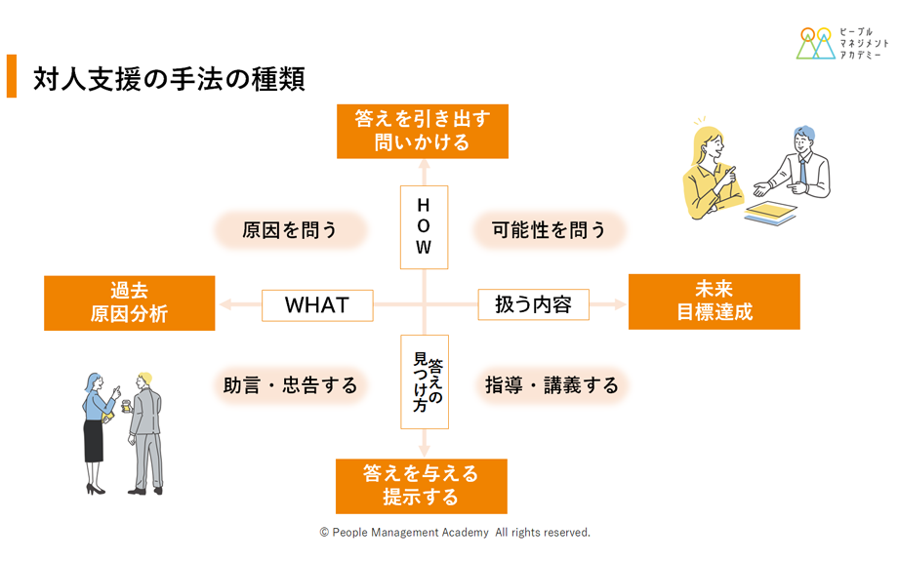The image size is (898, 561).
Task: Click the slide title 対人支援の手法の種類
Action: pos(169,78)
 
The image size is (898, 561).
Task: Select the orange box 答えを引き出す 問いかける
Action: pos(423,131)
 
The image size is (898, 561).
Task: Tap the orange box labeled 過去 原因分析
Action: pos(130,302)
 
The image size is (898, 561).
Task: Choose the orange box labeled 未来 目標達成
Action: pos(714,301)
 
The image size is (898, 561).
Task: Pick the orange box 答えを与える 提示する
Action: pos(422,486)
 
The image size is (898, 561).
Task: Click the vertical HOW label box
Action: pos(424,227)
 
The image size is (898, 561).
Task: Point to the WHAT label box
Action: pos(317,305)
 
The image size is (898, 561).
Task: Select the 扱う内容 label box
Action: pos(533,304)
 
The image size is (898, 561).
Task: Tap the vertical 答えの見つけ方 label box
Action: pos(425,381)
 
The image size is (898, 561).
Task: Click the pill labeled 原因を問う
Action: pos(290,230)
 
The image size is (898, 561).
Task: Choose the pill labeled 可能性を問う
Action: pos(549,230)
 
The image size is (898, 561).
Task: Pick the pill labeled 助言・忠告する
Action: pos(290,385)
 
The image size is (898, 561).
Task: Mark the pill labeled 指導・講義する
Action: pos(551,385)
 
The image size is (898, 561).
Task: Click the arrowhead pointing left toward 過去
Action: pos(225,304)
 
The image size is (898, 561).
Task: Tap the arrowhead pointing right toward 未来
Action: pos(620,304)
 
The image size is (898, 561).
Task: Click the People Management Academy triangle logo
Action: pos(816,43)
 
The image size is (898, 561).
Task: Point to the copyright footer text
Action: pos(455,533)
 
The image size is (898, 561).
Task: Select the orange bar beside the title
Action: pos(12,76)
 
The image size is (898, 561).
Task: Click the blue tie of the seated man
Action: pos(802,170)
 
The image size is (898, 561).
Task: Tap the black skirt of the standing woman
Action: pos(94,441)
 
